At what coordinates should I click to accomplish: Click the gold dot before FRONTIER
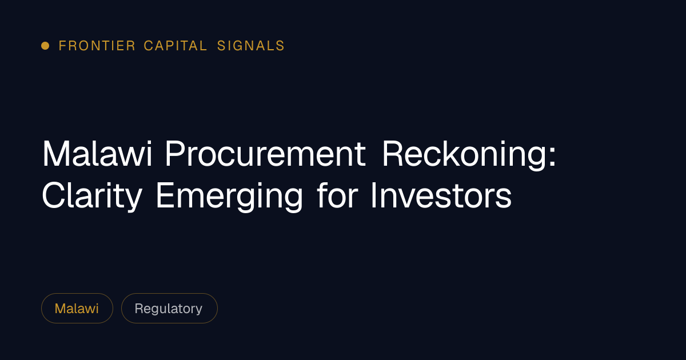(45, 46)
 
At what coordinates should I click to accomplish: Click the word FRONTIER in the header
(97, 46)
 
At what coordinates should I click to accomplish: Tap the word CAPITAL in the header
(176, 46)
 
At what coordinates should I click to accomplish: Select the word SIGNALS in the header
(251, 46)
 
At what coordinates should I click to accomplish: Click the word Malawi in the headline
(97, 153)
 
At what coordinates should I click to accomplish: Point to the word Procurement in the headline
(265, 153)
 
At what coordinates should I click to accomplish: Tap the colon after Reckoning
(552, 155)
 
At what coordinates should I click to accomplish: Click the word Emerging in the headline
(230, 197)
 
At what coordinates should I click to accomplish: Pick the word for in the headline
(337, 195)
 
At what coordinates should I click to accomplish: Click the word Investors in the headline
(441, 195)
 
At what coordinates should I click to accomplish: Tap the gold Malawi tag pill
(77, 308)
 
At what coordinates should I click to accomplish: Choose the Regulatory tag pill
(169, 308)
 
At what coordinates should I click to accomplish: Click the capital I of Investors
(374, 195)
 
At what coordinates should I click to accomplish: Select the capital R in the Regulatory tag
(139, 308)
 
